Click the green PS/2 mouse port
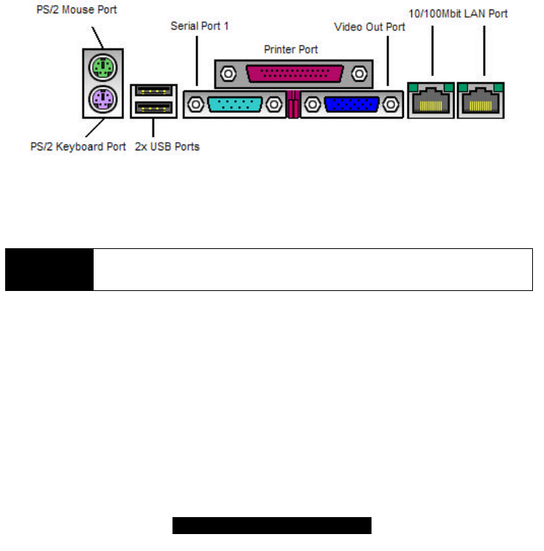pos(102,71)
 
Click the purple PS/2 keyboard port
pos(102,99)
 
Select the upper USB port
pos(153,92)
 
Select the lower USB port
pos(153,108)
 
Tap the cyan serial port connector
pos(234,104)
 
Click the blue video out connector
pos(352,104)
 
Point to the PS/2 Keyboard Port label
pos(83,146)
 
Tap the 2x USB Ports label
pos(167,146)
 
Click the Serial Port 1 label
pos(200,26)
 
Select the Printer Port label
pos(290,49)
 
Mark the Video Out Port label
pos(369,27)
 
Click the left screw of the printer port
pos(229,74)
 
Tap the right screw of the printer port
pos(359,74)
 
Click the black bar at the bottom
pos(272,525)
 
